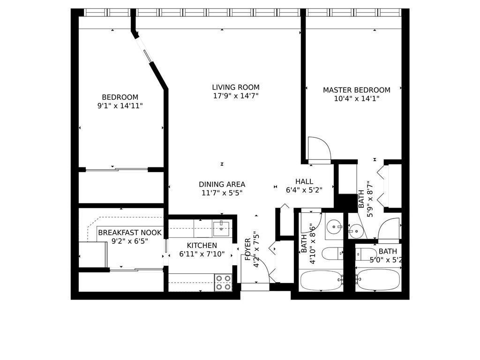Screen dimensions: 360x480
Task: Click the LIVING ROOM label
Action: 235,87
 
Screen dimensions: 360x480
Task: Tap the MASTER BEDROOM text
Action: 356,90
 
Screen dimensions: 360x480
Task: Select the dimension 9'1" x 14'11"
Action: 120,106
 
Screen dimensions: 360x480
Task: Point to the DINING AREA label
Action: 222,184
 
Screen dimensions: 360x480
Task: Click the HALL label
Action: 304,181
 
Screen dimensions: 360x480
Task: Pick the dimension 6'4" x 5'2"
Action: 304,190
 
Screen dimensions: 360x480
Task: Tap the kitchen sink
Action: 220,229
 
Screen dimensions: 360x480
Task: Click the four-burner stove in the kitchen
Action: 224,283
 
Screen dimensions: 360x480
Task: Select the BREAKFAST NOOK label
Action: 130,232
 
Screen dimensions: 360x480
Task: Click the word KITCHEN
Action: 202,245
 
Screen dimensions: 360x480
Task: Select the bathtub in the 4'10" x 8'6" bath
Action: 321,280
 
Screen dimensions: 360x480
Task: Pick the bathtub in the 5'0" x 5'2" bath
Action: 378,280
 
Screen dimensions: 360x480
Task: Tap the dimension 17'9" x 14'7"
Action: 235,96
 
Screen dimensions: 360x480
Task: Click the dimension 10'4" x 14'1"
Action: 356,98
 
